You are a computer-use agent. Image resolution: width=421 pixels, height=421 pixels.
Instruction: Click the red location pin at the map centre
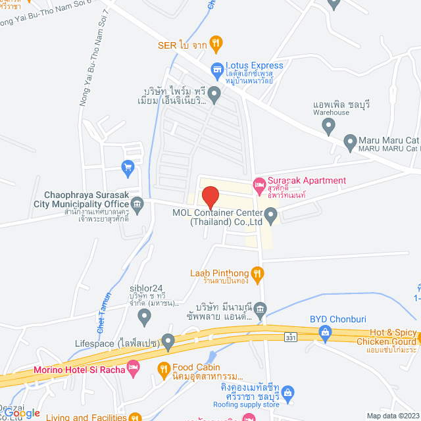210,197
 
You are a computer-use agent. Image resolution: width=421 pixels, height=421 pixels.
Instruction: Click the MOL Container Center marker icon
270,213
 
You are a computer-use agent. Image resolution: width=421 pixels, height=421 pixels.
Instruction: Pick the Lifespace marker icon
168,342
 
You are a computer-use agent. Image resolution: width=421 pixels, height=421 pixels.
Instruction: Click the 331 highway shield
290,337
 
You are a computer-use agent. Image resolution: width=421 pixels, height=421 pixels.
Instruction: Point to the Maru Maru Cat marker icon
350,141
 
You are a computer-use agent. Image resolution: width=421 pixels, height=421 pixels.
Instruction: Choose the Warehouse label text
331,112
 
